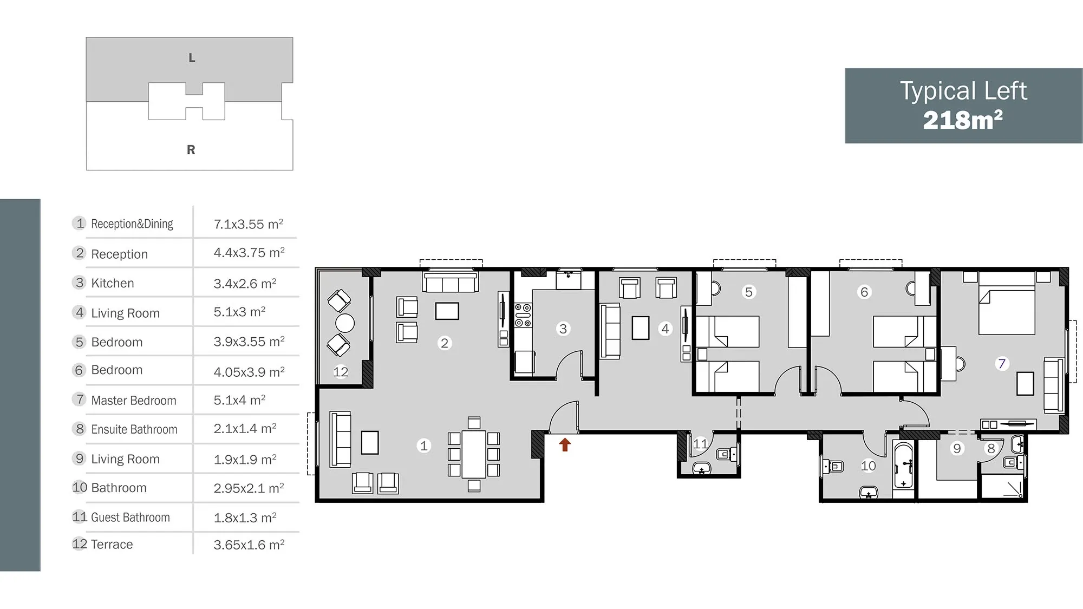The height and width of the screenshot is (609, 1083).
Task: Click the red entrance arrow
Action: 565,444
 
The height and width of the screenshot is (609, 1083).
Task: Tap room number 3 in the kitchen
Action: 563,329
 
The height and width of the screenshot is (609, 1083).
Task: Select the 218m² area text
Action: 963,120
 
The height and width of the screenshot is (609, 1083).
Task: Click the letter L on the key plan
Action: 192,58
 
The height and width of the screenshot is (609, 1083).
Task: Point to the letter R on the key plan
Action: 191,149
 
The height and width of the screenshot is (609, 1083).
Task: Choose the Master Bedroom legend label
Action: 134,401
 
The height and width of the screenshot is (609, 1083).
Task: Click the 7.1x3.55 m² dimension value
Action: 249,224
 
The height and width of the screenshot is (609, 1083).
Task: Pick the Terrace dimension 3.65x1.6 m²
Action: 249,545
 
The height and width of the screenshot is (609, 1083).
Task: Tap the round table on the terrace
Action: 345,323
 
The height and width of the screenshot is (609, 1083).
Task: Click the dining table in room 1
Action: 474,454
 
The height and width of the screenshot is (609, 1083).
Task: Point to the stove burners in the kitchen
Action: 523,315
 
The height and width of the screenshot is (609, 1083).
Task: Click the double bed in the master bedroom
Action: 1007,303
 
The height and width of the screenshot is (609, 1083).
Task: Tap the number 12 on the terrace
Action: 341,372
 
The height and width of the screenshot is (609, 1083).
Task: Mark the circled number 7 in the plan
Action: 1002,364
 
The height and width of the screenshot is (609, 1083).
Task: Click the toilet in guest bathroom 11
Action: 726,454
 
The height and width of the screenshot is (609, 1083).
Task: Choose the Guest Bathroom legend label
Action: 131,518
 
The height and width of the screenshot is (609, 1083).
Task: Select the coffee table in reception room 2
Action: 447,311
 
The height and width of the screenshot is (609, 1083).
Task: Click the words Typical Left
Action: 963,91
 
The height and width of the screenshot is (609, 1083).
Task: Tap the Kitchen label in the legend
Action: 113,283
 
